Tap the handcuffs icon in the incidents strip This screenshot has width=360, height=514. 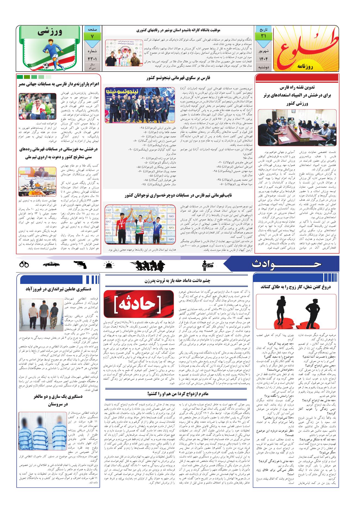(x=24, y=264)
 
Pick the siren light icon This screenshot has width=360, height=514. (x=109, y=265)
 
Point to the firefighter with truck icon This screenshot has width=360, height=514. (x=208, y=265)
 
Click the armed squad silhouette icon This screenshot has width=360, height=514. (x=147, y=265)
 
